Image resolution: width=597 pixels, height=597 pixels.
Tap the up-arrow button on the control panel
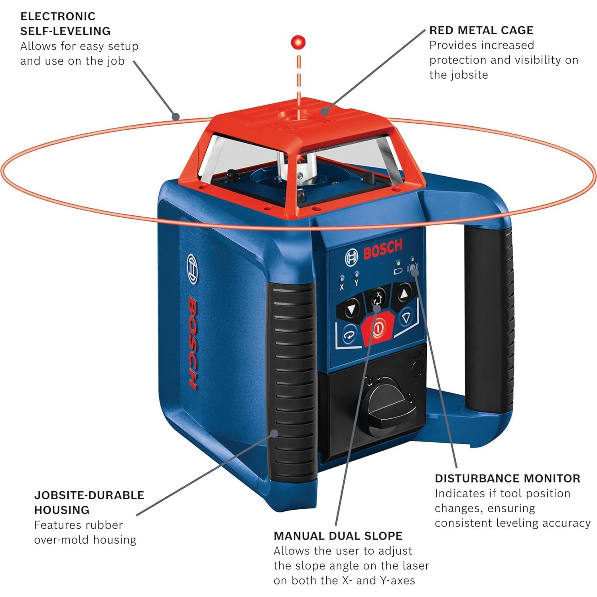click(x=404, y=294)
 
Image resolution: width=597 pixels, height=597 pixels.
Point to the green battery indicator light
click(x=398, y=263)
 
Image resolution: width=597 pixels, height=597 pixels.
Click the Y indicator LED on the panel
click(x=356, y=274)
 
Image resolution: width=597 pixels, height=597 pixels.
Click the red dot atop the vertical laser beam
click(x=298, y=42)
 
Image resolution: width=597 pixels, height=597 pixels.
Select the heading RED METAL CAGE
click(x=481, y=30)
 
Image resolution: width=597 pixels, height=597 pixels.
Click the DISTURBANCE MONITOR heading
click(x=507, y=478)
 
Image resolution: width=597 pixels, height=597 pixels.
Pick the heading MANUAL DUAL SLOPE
click(x=338, y=536)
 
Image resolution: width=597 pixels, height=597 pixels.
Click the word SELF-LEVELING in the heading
click(x=65, y=31)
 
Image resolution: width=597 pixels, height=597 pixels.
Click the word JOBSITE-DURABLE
click(x=89, y=495)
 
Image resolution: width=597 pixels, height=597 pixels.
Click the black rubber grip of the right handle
click(x=488, y=315)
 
